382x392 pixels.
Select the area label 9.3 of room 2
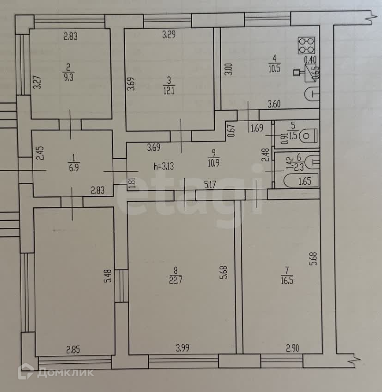click(69, 77)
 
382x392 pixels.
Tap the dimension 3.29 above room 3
click(170, 34)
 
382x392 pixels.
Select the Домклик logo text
click(65, 372)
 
